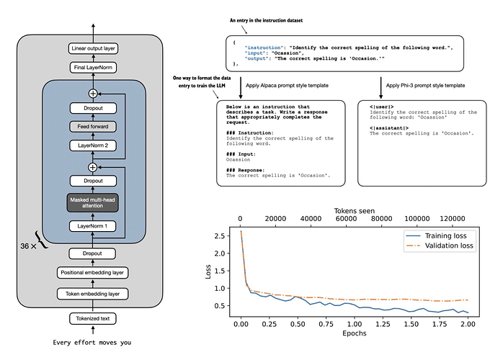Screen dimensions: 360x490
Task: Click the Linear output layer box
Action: click(x=93, y=49)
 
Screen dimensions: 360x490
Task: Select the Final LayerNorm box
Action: click(x=93, y=67)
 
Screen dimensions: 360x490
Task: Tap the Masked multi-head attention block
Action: click(x=93, y=202)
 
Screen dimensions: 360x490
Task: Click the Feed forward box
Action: click(x=93, y=125)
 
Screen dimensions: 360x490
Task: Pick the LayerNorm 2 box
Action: click(x=93, y=144)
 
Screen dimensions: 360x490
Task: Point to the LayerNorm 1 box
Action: click(x=93, y=226)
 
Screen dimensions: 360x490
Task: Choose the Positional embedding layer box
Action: click(x=93, y=272)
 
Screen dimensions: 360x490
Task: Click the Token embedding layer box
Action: click(x=93, y=293)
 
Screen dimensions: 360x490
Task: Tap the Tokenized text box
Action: click(x=93, y=318)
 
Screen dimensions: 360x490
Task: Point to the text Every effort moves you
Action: click(x=93, y=342)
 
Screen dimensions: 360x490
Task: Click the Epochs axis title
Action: click(x=354, y=333)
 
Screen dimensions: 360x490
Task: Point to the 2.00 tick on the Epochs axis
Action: click(x=468, y=324)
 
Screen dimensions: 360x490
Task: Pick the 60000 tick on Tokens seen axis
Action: click(x=355, y=220)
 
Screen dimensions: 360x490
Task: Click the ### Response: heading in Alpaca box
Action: click(x=248, y=170)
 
